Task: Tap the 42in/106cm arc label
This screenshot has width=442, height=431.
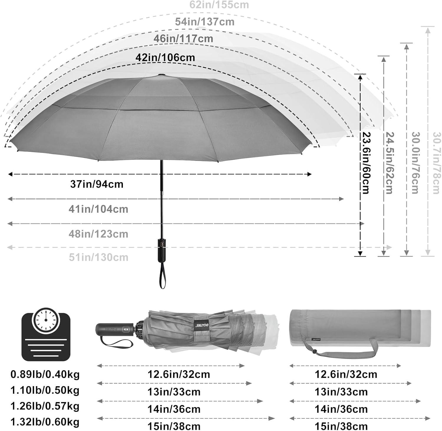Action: pyautogui.click(x=165, y=57)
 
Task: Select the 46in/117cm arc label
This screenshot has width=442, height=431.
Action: pyautogui.click(x=183, y=38)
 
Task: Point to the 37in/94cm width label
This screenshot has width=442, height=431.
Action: pyautogui.click(x=97, y=184)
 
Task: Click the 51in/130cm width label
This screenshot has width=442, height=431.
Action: pyautogui.click(x=99, y=257)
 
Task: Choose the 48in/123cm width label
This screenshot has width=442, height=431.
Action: pyautogui.click(x=98, y=234)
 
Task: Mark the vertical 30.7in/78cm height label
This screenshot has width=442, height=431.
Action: pyautogui.click(x=437, y=163)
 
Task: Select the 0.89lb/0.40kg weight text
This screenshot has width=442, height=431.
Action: pyautogui.click(x=45, y=374)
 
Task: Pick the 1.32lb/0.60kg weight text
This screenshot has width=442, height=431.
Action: pyautogui.click(x=45, y=422)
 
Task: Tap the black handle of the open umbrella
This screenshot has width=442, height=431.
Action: pyautogui.click(x=162, y=246)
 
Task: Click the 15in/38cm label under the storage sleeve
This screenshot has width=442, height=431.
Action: pyautogui.click(x=341, y=426)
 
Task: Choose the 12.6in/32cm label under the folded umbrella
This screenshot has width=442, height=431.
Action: pyautogui.click(x=179, y=374)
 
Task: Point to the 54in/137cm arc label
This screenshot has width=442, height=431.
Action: pyautogui.click(x=205, y=22)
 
